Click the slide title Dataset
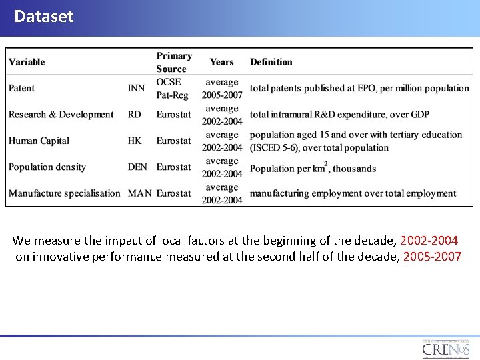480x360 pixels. pyautogui.click(x=44, y=16)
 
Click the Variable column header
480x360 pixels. pyautogui.click(x=27, y=62)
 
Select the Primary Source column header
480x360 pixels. pyautogui.click(x=174, y=62)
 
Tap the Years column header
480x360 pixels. pyautogui.click(x=221, y=62)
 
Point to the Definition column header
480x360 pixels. pyautogui.click(x=271, y=62)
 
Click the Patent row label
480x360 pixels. pyautogui.click(x=22, y=88)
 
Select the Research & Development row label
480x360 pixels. pyautogui.click(x=61, y=115)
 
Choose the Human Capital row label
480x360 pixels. pyautogui.click(x=39, y=141)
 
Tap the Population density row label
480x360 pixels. pyautogui.click(x=47, y=167)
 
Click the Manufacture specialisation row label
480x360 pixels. pyautogui.click(x=65, y=193)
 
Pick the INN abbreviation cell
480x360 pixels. pyautogui.click(x=135, y=88)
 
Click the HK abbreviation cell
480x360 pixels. pyautogui.click(x=135, y=141)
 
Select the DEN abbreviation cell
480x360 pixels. pyautogui.click(x=137, y=167)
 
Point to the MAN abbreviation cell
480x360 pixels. pyautogui.click(x=139, y=193)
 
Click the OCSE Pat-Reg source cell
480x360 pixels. pyautogui.click(x=173, y=89)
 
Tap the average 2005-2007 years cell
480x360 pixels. pyautogui.click(x=222, y=89)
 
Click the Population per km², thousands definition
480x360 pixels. pyautogui.click(x=313, y=168)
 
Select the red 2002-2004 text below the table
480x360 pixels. pyautogui.click(x=429, y=240)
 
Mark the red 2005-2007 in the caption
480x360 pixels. pyautogui.click(x=432, y=257)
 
